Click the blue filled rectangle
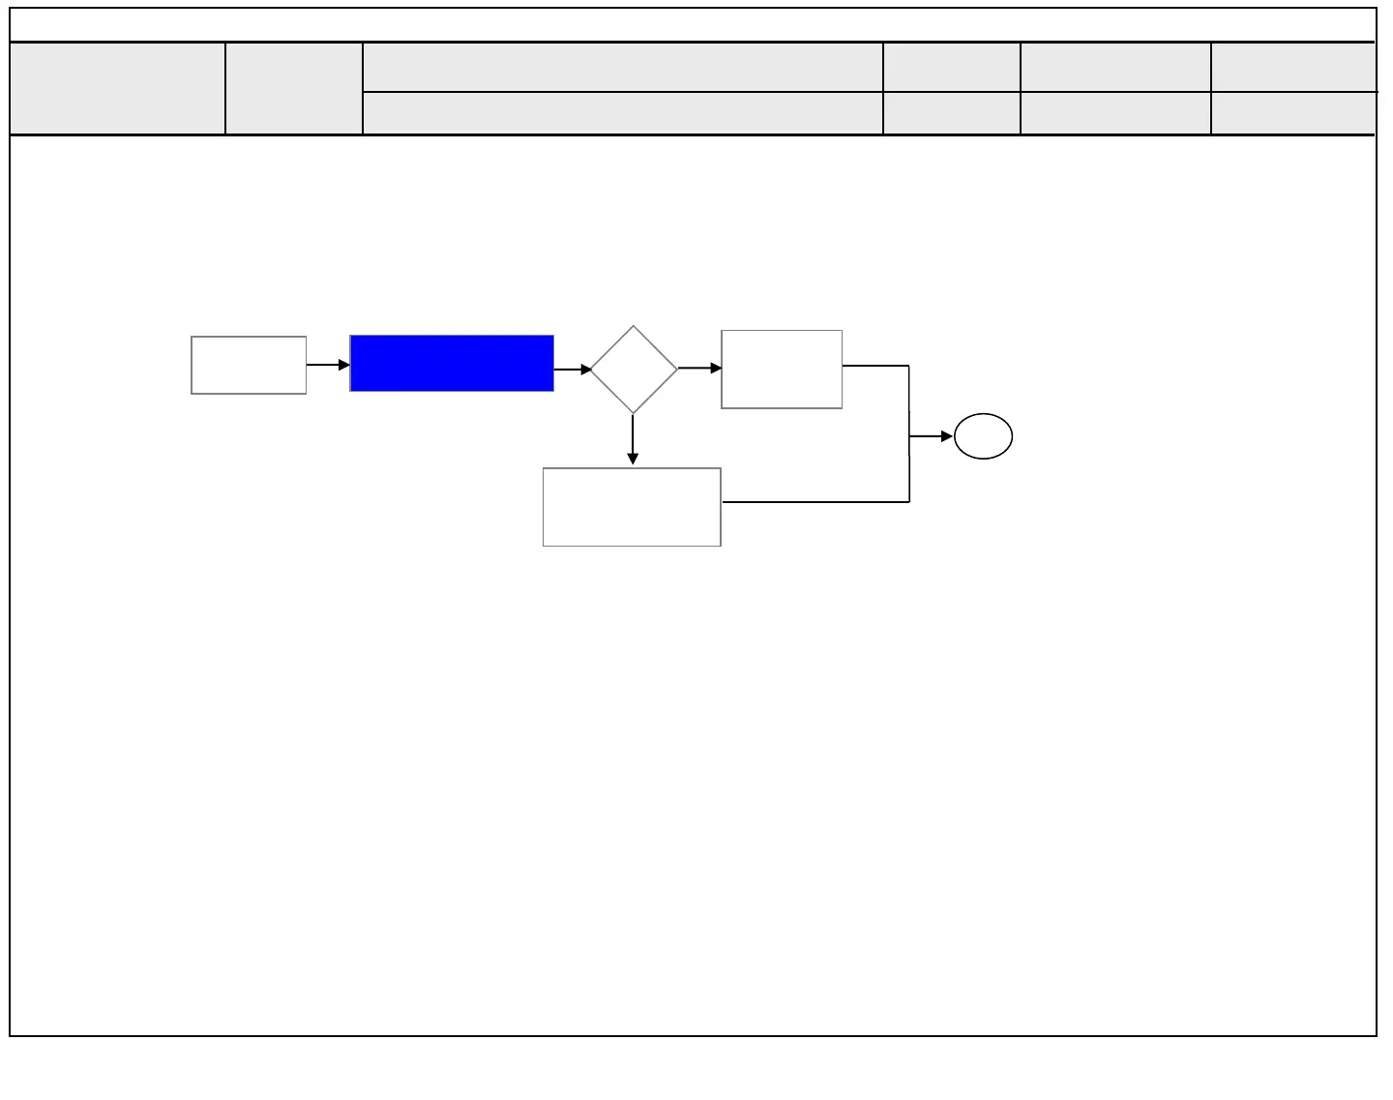coord(452,364)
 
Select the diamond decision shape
coord(634,370)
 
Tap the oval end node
coord(983,436)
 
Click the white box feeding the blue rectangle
coord(249,366)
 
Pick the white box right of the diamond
coord(782,370)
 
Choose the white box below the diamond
coord(632,507)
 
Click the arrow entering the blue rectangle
coord(328,365)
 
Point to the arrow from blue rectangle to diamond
coord(573,369)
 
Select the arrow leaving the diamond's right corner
coord(699,368)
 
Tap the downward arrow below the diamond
coord(633,440)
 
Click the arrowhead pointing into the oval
coord(947,436)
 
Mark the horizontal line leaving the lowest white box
coord(815,502)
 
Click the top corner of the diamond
coord(634,328)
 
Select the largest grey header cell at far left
coord(117,88)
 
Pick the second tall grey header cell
coord(294,88)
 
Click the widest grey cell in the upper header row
coord(623,67)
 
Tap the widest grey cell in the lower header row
coord(623,113)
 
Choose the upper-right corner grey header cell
coord(1292,67)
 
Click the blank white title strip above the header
coord(693,25)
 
